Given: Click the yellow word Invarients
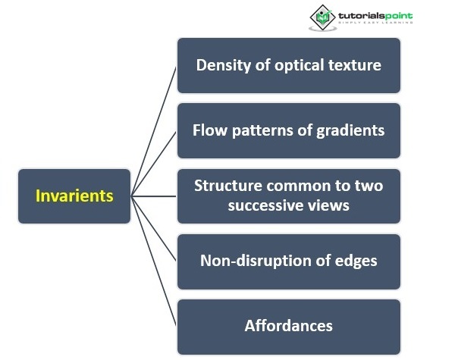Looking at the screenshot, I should (x=74, y=196).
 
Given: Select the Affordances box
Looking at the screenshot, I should (x=288, y=327).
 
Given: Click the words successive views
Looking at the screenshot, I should (x=288, y=205).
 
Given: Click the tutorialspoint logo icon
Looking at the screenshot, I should (x=322, y=17).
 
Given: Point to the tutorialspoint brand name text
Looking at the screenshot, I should (x=375, y=14).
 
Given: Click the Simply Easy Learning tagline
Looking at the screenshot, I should (x=375, y=23).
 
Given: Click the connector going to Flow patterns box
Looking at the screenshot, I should (x=155, y=162).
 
